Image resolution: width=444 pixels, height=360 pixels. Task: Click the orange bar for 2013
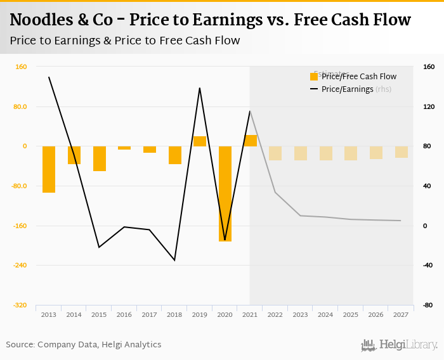point(49,169)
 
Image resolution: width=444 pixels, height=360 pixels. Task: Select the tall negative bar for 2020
point(225,193)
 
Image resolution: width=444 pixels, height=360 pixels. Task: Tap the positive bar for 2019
point(200,141)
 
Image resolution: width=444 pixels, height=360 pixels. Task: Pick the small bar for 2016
point(124,148)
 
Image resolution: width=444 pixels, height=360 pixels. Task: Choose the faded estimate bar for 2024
point(326,153)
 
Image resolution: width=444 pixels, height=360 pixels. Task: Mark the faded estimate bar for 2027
point(402,152)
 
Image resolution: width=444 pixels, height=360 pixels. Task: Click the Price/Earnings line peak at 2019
point(200,88)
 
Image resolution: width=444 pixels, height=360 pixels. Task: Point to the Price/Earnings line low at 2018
point(174,260)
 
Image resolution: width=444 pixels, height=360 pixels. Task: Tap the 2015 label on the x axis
point(99,314)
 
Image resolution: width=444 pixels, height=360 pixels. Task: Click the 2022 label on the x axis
point(275,314)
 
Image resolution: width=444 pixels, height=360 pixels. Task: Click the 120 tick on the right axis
point(428,106)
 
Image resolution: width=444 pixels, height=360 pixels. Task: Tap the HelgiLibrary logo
point(399,345)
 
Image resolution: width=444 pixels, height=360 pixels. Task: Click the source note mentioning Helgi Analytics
point(84,345)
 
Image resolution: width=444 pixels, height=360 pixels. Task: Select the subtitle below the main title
point(125,41)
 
